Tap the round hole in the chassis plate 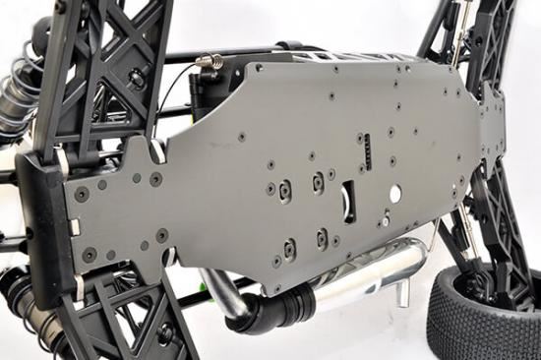point(394,194)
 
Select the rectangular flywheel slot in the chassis point(349,202)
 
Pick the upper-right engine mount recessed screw point(319,181)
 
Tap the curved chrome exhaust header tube point(225,295)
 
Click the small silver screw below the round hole point(387,222)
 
